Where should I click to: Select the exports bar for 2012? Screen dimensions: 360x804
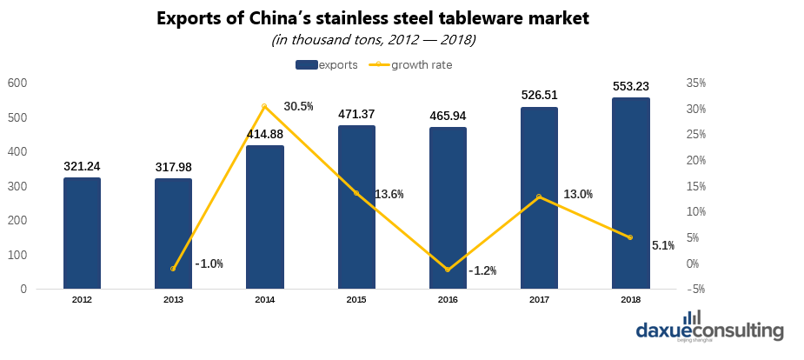click(x=82, y=233)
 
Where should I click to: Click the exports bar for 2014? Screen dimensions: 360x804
click(x=265, y=217)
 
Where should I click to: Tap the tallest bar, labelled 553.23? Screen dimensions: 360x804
click(x=630, y=192)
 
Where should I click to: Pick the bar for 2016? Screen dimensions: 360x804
click(x=448, y=208)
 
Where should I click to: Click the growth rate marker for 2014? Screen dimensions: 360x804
click(x=264, y=106)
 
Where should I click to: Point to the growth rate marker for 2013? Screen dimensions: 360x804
click(x=173, y=269)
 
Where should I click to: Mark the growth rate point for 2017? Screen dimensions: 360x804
click(x=539, y=197)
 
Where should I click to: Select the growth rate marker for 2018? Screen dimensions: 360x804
click(x=630, y=237)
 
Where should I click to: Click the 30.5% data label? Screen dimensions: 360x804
click(x=299, y=106)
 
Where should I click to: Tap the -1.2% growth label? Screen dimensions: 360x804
click(x=482, y=270)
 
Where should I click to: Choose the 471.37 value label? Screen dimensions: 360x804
click(x=356, y=114)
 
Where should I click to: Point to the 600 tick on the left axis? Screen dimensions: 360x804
click(x=17, y=83)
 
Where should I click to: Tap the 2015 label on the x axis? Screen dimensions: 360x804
click(x=356, y=299)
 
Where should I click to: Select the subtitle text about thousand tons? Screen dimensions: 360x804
click(x=374, y=40)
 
